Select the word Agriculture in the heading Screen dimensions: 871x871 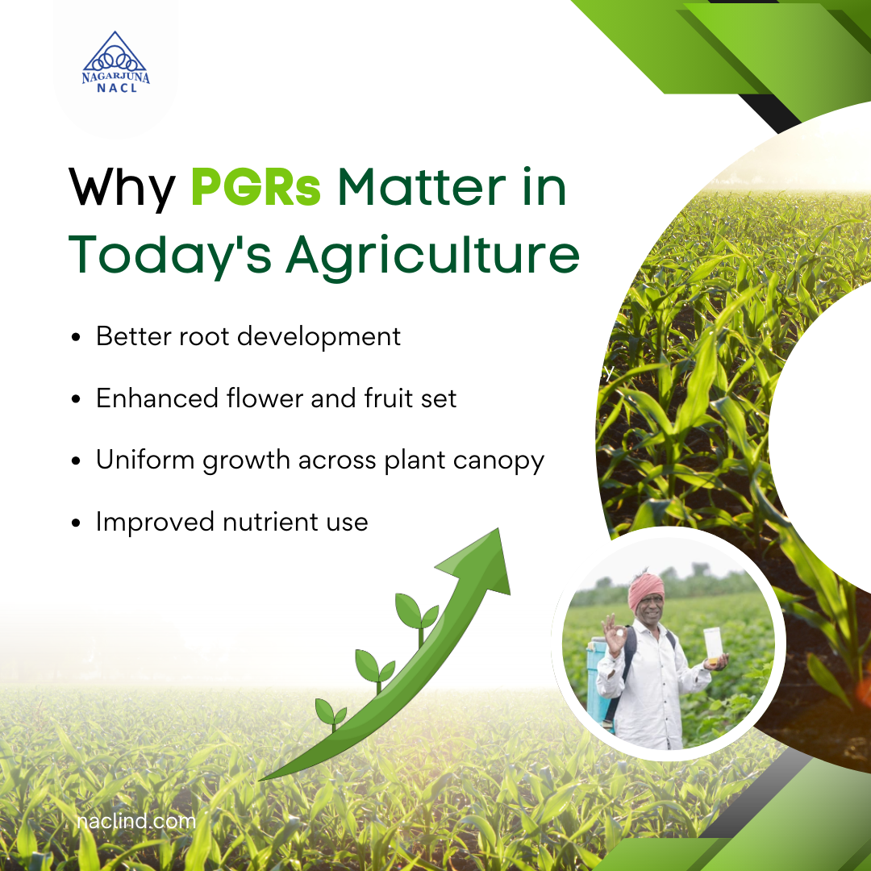point(432,254)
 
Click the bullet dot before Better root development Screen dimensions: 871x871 point(76,338)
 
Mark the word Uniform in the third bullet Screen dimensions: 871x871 point(144,461)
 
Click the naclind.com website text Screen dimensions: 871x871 point(136,822)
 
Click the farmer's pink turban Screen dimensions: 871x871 point(646,591)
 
